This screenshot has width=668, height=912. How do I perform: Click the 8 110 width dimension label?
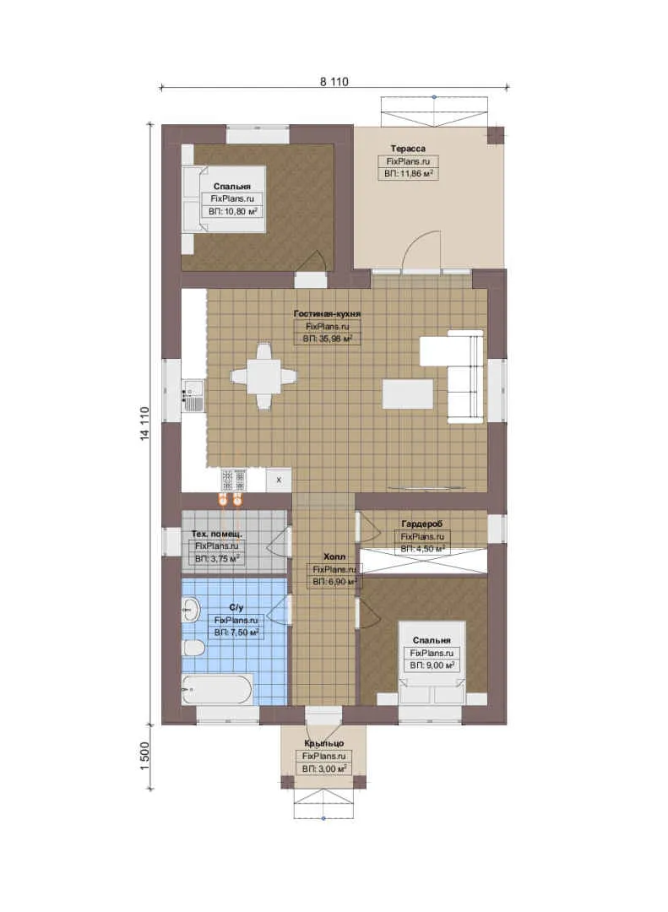[x=334, y=82]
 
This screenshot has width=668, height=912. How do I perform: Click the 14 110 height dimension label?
[x=145, y=423]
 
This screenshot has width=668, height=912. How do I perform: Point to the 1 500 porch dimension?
[x=145, y=756]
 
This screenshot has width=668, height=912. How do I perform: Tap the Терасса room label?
[x=407, y=149]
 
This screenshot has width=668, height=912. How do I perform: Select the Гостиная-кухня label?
[x=327, y=313]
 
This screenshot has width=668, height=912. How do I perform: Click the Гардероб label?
[x=422, y=524]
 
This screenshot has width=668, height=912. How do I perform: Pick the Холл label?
[x=334, y=556]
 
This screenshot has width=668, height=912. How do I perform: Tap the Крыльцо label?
[x=323, y=743]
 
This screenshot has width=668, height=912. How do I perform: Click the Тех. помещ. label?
[x=217, y=534]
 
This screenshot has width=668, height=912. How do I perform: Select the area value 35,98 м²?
[x=328, y=339]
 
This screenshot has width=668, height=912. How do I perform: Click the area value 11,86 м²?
[x=408, y=173]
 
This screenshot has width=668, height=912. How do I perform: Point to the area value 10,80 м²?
[x=233, y=212]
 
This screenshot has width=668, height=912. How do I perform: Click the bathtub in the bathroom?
[x=217, y=689]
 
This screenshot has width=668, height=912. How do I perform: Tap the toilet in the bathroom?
[x=193, y=648]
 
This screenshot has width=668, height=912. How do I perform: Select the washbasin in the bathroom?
[x=190, y=611]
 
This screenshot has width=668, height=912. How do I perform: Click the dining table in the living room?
[x=263, y=377]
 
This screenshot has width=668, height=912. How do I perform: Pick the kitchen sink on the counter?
[x=193, y=395]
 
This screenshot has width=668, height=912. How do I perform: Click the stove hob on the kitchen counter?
[x=233, y=480]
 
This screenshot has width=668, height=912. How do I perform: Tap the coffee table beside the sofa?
[x=408, y=394]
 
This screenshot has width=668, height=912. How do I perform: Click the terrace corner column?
[x=496, y=135]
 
